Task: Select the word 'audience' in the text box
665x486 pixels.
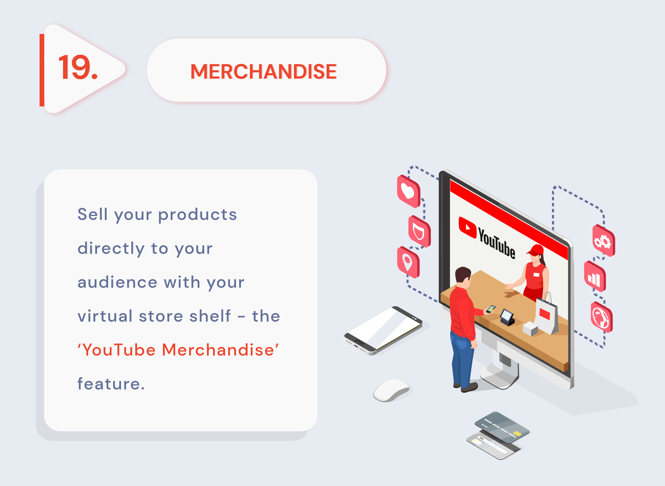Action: (117, 282)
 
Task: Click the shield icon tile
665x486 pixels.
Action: (419, 231)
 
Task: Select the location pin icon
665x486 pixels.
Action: (408, 262)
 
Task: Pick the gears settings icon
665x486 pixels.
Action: (603, 241)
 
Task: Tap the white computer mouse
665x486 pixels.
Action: (391, 390)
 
